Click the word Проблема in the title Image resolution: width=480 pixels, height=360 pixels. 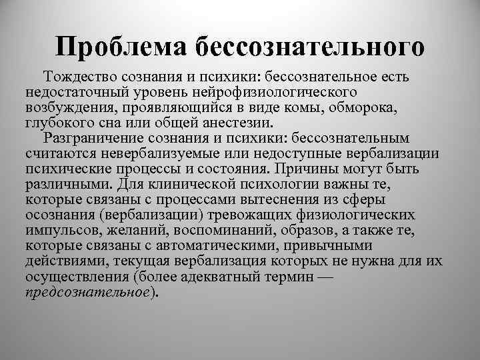click(x=123, y=46)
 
